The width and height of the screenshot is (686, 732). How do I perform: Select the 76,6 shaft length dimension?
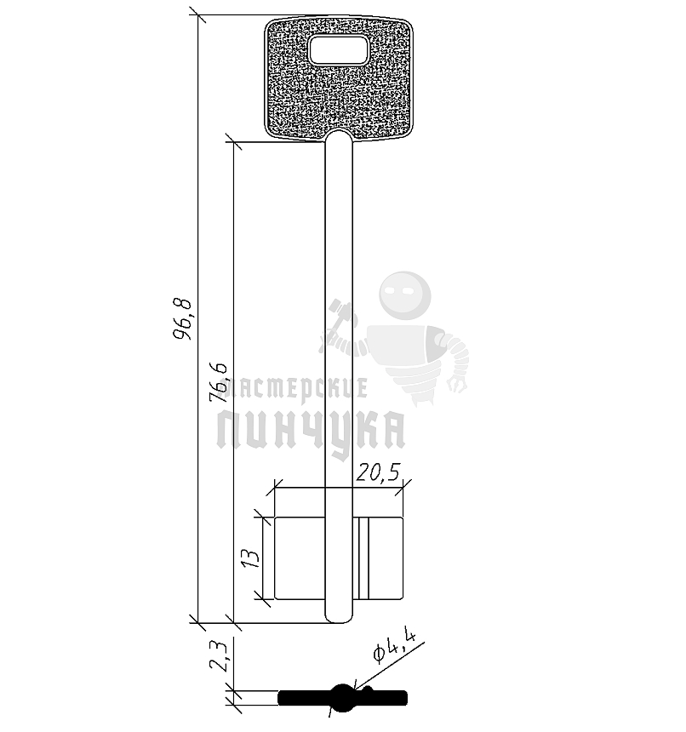point(219,380)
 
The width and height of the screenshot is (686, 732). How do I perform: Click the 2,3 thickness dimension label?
point(219,656)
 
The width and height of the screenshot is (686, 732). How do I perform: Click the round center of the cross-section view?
point(342,697)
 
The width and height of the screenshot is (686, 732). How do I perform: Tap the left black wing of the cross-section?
point(302,698)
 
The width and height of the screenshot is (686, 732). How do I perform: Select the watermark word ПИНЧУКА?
point(311,430)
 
